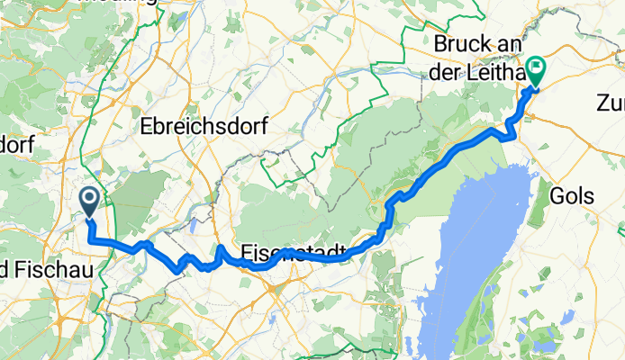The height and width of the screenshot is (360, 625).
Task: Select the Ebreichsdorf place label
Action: pos(204,128)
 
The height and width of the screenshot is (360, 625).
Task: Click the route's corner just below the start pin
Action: pos(91,238)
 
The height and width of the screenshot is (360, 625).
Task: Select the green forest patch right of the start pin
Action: pos(140,193)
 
